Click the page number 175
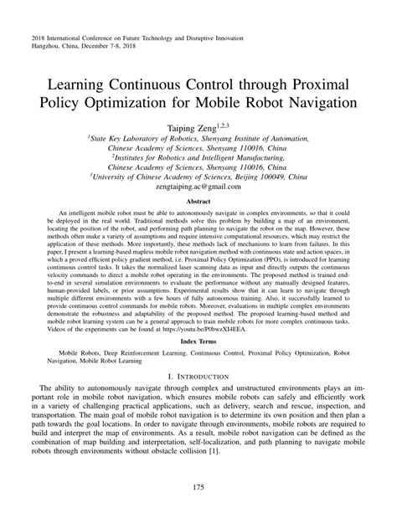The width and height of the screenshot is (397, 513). click(x=198, y=488)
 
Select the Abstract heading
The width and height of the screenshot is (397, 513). click(x=198, y=202)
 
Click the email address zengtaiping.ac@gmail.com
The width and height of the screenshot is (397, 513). click(x=198, y=189)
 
